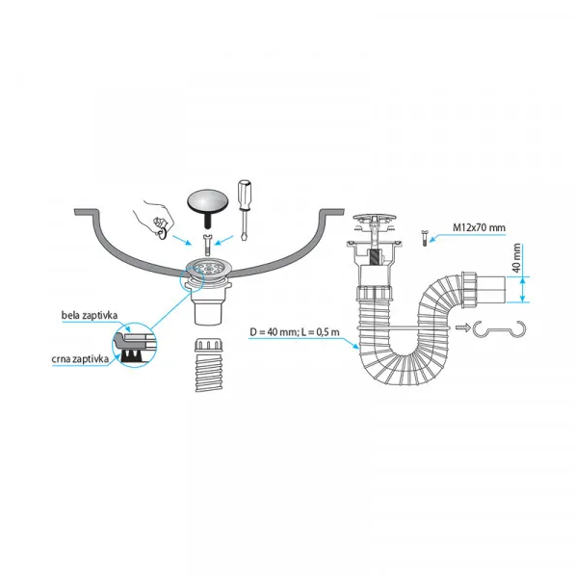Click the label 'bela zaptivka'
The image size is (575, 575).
[90, 315]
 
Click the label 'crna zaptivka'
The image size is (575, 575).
[80, 358]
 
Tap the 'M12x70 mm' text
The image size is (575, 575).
[479, 227]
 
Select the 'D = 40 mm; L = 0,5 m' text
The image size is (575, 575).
[295, 332]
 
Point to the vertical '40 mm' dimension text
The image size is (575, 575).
[516, 258]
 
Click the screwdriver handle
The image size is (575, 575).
[244, 195]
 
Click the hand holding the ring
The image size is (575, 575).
[155, 219]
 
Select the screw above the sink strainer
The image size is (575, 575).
[207, 246]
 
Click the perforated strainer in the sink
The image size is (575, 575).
[208, 268]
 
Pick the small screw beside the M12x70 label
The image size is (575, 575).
[425, 238]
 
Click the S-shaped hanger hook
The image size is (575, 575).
[499, 329]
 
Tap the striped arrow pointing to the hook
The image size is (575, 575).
[463, 327]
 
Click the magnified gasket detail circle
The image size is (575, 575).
[135, 345]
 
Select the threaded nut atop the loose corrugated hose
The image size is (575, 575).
[208, 345]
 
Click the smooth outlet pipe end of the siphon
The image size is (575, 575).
[491, 289]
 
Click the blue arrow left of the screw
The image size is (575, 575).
[181, 240]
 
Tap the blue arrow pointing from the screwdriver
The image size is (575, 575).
[224, 241]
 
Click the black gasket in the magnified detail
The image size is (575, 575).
[132, 355]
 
